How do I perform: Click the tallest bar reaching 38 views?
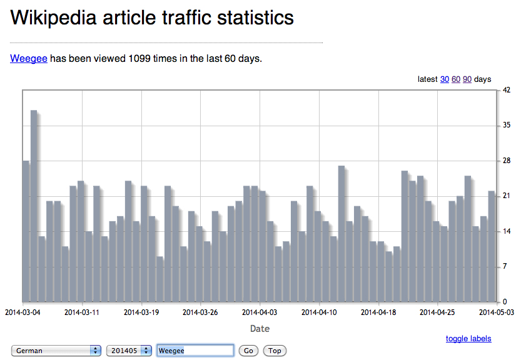[34, 206]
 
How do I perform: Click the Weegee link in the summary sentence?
[29, 59]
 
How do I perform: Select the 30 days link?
[445, 79]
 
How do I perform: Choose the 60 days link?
[456, 79]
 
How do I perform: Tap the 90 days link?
[467, 79]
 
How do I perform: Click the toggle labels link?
[468, 339]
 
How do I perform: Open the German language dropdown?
[56, 351]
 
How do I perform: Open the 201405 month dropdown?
[129, 351]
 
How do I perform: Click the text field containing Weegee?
[195, 351]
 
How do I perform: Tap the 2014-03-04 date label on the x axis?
[23, 311]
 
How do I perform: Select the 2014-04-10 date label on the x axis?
[320, 311]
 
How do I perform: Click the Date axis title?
[260, 329]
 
